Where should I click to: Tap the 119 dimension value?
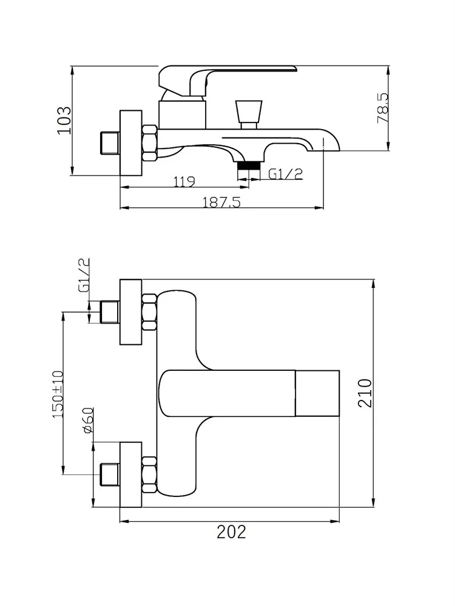click(183, 180)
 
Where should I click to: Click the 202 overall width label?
click(231, 532)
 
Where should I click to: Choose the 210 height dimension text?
click(363, 393)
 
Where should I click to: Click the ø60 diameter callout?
click(87, 420)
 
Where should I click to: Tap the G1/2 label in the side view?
click(285, 174)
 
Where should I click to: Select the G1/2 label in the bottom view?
click(84, 275)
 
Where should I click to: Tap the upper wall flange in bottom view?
click(131, 312)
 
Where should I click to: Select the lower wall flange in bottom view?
click(131, 474)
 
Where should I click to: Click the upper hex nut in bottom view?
click(149, 312)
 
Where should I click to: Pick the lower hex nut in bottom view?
click(149, 474)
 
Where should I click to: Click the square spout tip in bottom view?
click(317, 393)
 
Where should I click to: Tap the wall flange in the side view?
click(131, 143)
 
